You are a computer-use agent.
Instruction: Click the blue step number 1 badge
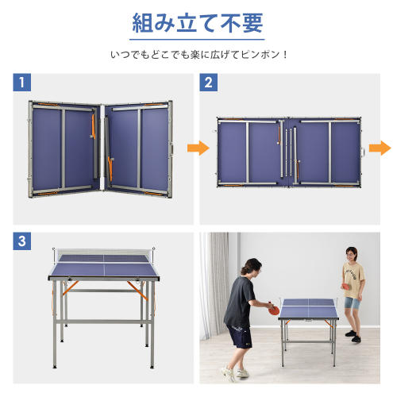tap(21, 83)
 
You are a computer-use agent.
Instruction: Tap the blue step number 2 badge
tap(208, 83)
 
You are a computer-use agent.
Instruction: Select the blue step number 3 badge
tap(21, 241)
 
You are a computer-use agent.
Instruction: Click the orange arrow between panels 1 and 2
tap(198, 148)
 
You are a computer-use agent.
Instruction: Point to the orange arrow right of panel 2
tap(380, 148)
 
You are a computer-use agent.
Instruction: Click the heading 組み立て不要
tap(197, 23)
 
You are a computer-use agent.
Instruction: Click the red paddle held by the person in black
tap(273, 309)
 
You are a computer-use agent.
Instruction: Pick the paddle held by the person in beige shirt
tap(346, 287)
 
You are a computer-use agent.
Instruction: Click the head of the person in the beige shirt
tap(351, 255)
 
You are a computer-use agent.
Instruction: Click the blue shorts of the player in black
tap(239, 336)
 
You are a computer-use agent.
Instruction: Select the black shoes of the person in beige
tap(353, 336)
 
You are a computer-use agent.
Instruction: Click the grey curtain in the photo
tap(215, 284)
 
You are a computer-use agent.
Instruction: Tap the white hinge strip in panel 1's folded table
tap(102, 148)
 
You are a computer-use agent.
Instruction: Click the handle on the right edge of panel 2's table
tap(364, 152)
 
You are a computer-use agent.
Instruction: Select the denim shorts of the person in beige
tap(352, 302)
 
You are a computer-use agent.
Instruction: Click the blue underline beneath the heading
tap(197, 40)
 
